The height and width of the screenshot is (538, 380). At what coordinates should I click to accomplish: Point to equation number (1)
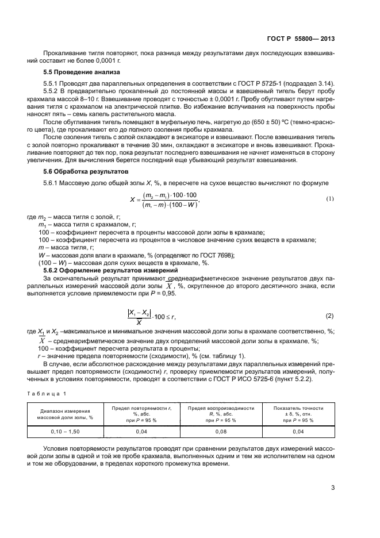click(330, 199)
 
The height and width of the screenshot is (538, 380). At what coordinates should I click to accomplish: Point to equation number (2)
click(329, 316)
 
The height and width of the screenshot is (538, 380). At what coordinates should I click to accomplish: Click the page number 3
click(333, 489)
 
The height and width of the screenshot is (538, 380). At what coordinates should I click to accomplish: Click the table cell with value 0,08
click(221, 431)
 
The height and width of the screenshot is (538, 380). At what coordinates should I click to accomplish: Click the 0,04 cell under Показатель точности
click(298, 431)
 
